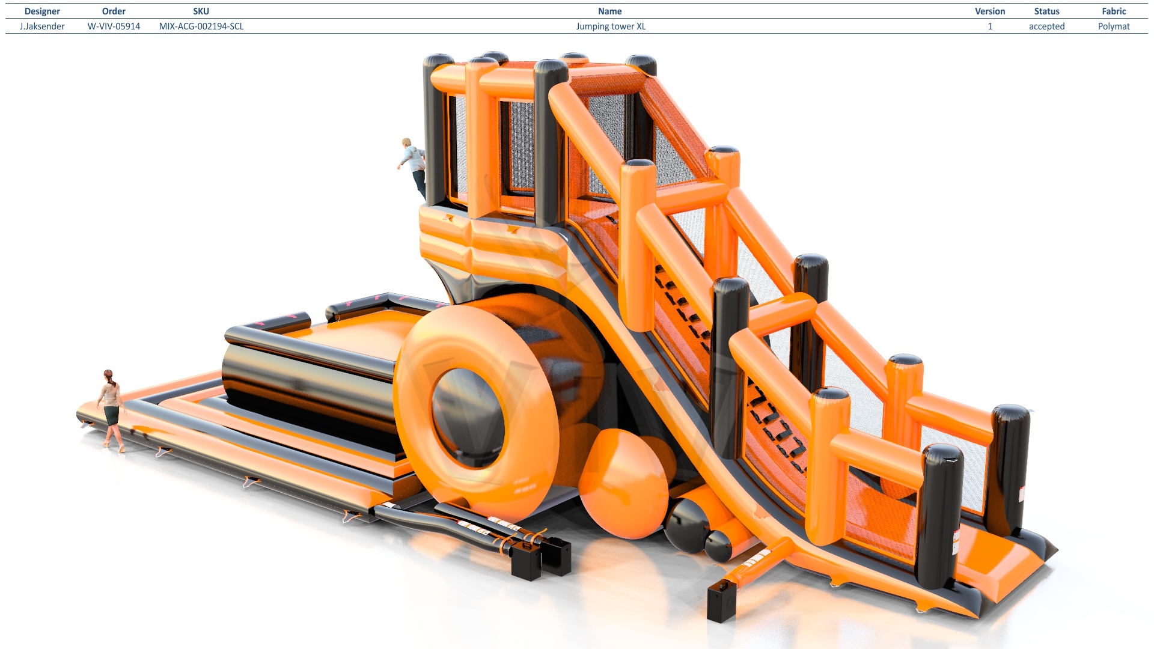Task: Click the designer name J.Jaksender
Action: [x=42, y=26]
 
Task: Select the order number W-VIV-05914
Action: [x=114, y=26]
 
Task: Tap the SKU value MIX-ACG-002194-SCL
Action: [x=201, y=26]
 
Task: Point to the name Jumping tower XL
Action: [x=611, y=26]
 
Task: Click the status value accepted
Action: [x=1046, y=26]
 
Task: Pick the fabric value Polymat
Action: [x=1114, y=26]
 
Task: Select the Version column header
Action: [x=990, y=11]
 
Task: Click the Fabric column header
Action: [x=1114, y=11]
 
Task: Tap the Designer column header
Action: [x=42, y=11]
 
